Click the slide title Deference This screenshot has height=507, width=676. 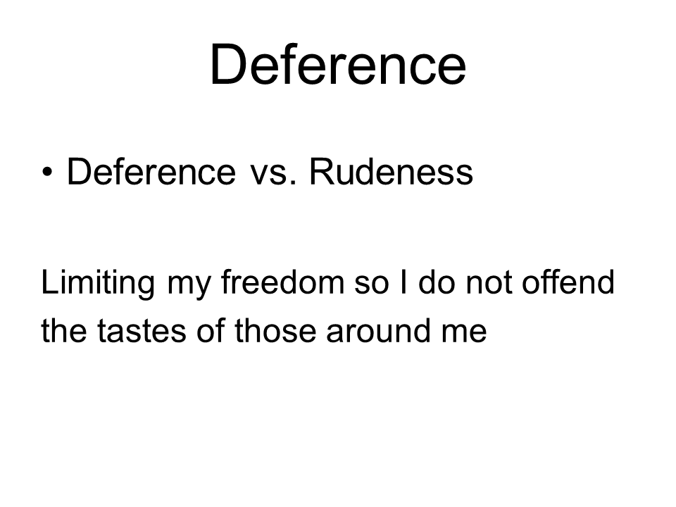click(x=338, y=65)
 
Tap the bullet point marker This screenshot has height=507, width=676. click(x=47, y=173)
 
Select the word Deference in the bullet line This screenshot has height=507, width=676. click(x=151, y=172)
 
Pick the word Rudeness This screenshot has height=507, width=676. click(x=391, y=172)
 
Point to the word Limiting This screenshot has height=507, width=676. click(x=98, y=284)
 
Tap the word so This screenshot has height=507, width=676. click(x=372, y=286)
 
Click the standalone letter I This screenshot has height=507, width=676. click(x=403, y=282)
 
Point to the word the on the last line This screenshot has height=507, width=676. click(x=63, y=330)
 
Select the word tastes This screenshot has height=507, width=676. click(x=142, y=332)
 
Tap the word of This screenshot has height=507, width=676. click(x=211, y=330)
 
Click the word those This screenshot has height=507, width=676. click(x=275, y=330)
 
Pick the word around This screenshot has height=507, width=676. click(x=379, y=330)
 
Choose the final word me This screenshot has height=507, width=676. click(x=464, y=334)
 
